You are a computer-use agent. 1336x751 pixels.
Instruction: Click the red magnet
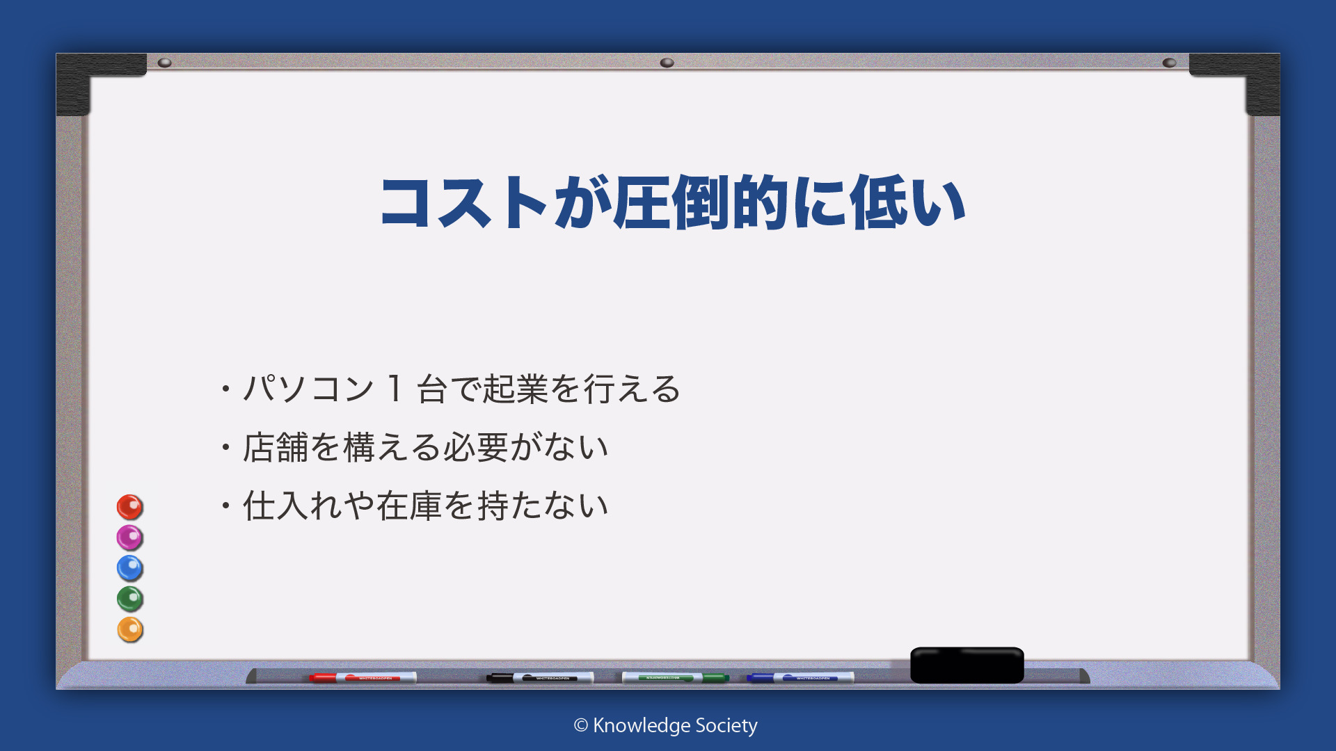[x=129, y=507]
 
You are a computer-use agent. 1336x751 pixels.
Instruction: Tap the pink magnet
[x=129, y=538]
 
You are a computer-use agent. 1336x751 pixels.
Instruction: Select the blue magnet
[x=129, y=568]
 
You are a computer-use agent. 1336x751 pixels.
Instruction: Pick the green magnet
[x=129, y=599]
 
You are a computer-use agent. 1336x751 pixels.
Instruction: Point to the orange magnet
[x=129, y=629]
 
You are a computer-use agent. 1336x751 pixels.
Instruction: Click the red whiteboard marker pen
[x=363, y=677]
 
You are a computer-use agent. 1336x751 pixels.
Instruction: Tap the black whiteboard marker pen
[x=540, y=677]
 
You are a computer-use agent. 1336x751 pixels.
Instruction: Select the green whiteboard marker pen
[x=675, y=677]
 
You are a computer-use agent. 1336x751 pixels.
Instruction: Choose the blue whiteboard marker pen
[x=800, y=677]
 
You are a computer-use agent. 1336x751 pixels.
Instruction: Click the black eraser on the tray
[x=967, y=665]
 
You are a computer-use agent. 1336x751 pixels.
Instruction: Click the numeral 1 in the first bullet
[x=395, y=388]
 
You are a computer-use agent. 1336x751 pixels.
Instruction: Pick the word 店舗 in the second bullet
[x=276, y=447]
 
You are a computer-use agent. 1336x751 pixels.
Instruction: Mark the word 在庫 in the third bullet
[x=410, y=506]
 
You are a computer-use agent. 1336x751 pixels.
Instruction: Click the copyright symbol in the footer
[x=581, y=725]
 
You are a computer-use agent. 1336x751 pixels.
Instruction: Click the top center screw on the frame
[x=667, y=63]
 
